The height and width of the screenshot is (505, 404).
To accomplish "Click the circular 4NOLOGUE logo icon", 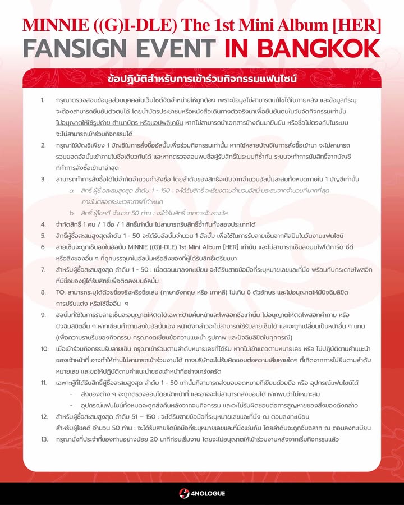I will [183, 493].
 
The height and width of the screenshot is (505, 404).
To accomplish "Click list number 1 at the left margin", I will [43, 100].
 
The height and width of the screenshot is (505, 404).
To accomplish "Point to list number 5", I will [43, 236].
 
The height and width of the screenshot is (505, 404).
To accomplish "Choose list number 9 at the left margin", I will [43, 315].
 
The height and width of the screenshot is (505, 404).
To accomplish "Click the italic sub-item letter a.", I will [71, 192].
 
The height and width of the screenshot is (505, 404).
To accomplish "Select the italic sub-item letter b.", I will [71, 213].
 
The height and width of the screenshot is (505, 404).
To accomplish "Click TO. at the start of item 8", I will [61, 292].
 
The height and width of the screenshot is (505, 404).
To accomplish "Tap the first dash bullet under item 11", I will [71, 393].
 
